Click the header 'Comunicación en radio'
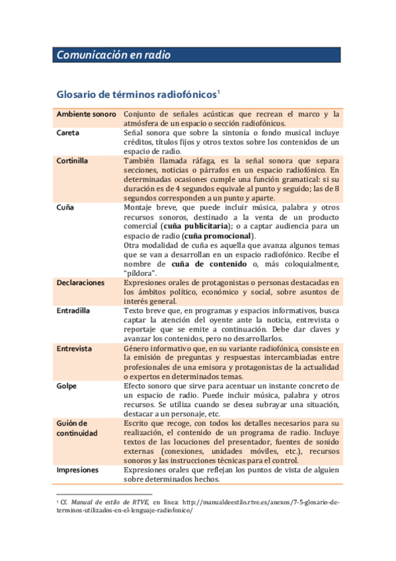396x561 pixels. point(113,56)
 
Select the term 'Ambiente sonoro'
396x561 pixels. point(86,114)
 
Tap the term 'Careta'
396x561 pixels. point(68,132)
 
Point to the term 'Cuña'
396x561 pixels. point(65,207)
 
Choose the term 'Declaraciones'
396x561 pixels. point(81,282)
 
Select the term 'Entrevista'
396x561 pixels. point(75,348)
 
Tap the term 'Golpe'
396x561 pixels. point(67,385)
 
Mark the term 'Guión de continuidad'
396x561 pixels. point(77,427)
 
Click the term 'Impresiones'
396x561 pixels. point(78,470)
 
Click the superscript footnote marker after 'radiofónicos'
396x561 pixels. point(218,91)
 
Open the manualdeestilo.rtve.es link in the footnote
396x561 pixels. point(258,502)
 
